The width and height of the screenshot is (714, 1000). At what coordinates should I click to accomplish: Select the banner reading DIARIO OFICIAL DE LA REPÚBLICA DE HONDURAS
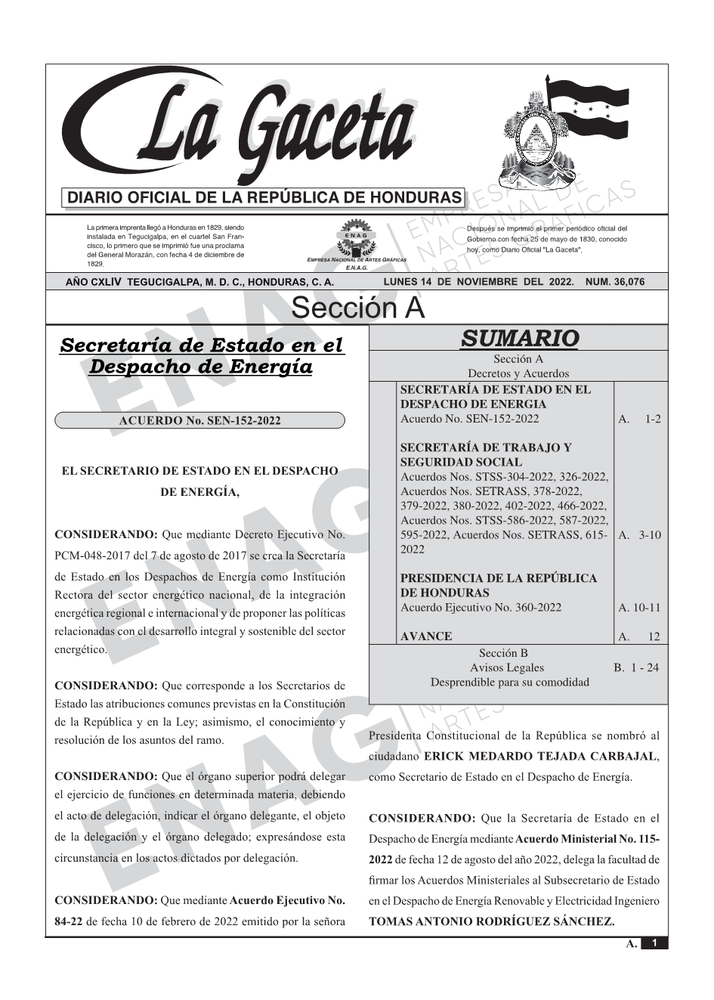(264, 198)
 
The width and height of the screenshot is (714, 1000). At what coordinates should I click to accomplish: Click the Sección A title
(357, 308)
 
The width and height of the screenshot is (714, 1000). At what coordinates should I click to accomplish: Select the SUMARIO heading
(519, 338)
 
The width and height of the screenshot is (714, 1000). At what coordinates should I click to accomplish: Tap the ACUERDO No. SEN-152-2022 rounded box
(200, 420)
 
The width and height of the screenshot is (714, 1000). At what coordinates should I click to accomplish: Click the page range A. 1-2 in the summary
(639, 419)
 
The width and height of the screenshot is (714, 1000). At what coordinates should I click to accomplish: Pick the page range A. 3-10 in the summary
(639, 535)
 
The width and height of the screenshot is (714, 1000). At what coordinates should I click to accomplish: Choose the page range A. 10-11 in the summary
(639, 608)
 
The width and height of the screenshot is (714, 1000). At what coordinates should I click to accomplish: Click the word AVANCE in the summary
(426, 636)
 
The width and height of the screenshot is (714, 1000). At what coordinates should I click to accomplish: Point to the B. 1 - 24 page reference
(636, 667)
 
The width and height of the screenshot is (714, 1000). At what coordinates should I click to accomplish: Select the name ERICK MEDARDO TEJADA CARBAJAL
(541, 756)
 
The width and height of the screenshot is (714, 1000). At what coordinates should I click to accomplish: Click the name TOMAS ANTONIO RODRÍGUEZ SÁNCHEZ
(491, 922)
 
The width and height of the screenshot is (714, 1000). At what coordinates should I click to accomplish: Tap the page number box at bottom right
(654, 943)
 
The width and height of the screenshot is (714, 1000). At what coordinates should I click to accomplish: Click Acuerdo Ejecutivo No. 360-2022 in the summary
(481, 608)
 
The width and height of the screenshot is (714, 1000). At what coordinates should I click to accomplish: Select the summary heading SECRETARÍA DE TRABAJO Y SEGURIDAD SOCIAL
(486, 454)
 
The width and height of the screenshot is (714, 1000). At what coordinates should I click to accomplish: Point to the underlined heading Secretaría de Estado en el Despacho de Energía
(201, 356)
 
